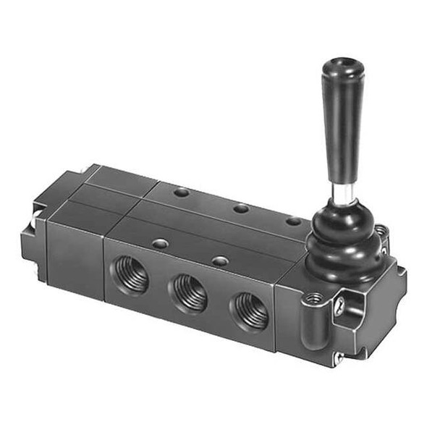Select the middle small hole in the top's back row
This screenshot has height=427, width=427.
click(x=241, y=208)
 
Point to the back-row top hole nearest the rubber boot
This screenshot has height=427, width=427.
click(x=292, y=221)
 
